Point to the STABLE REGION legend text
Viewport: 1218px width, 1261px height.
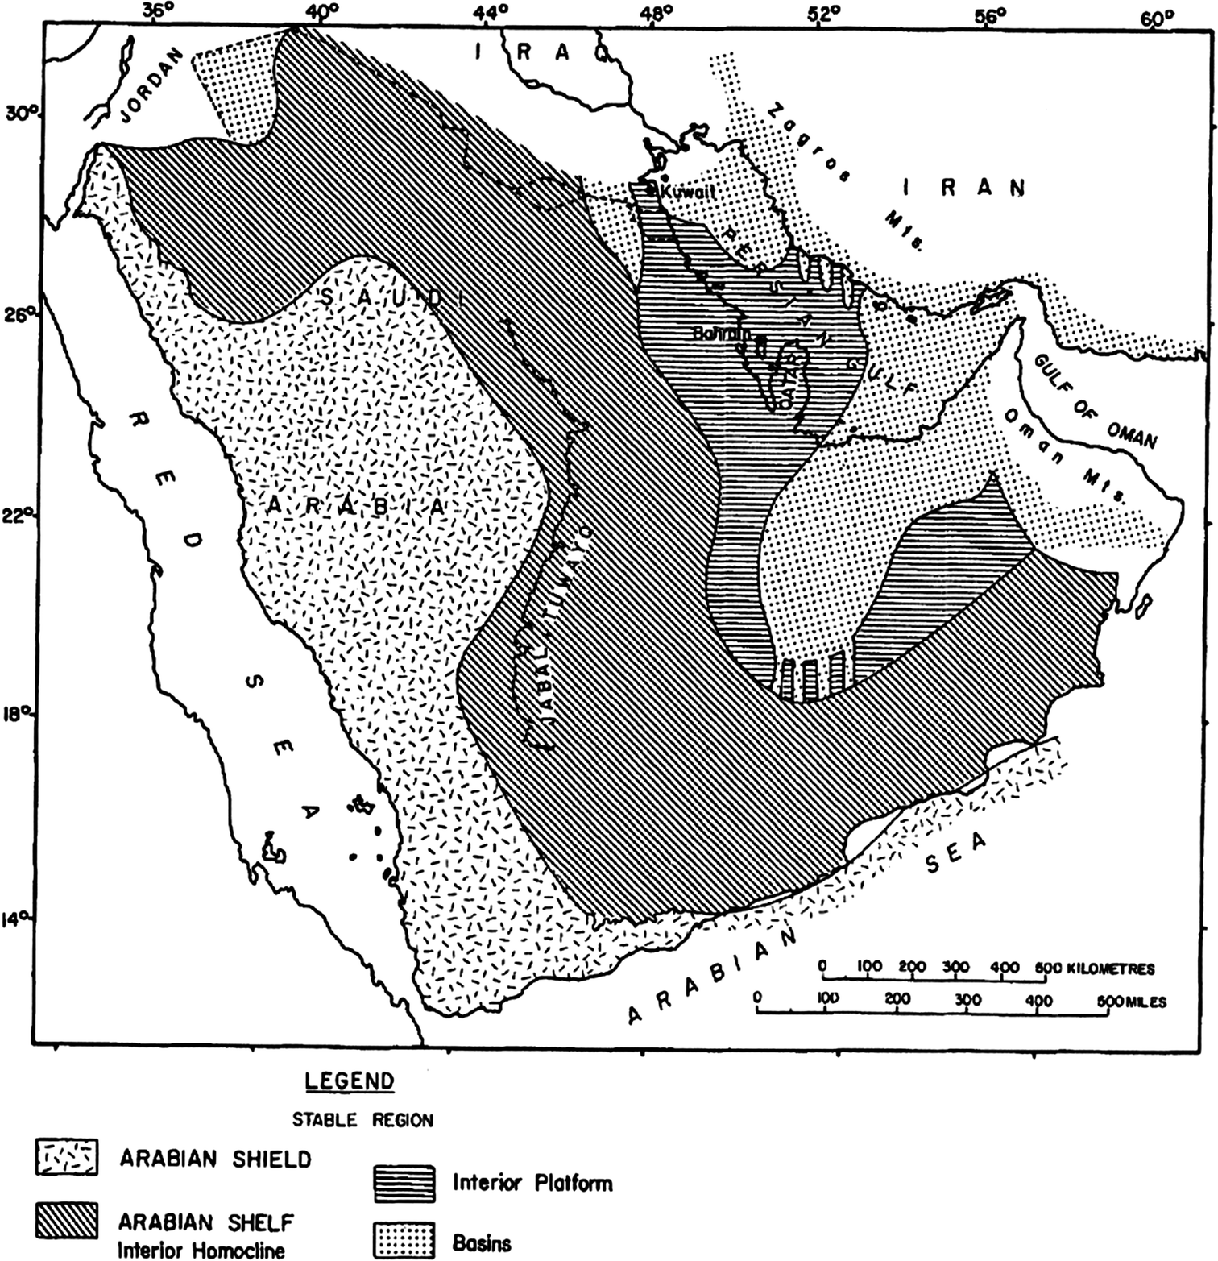pyautogui.click(x=362, y=1120)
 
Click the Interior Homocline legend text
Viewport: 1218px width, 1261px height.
pyautogui.click(x=201, y=1250)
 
